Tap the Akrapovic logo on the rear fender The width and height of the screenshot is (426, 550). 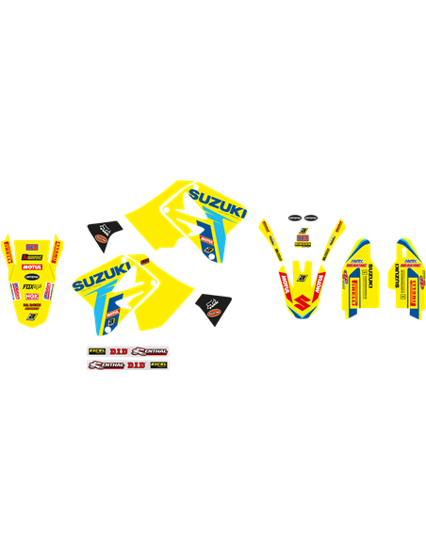[x=31, y=256]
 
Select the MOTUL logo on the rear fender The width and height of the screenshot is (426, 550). [x=31, y=267]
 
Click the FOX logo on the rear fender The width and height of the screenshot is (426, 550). [x=31, y=285]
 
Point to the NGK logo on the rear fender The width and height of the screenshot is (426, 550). [x=31, y=297]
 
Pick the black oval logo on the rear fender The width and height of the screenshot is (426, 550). [x=31, y=276]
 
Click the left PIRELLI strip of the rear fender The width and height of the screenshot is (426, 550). [x=8, y=252]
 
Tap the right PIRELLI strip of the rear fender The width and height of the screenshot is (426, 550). [x=56, y=251]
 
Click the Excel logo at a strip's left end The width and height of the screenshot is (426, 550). [x=96, y=351]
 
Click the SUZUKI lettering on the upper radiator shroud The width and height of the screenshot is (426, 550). [x=218, y=201]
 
